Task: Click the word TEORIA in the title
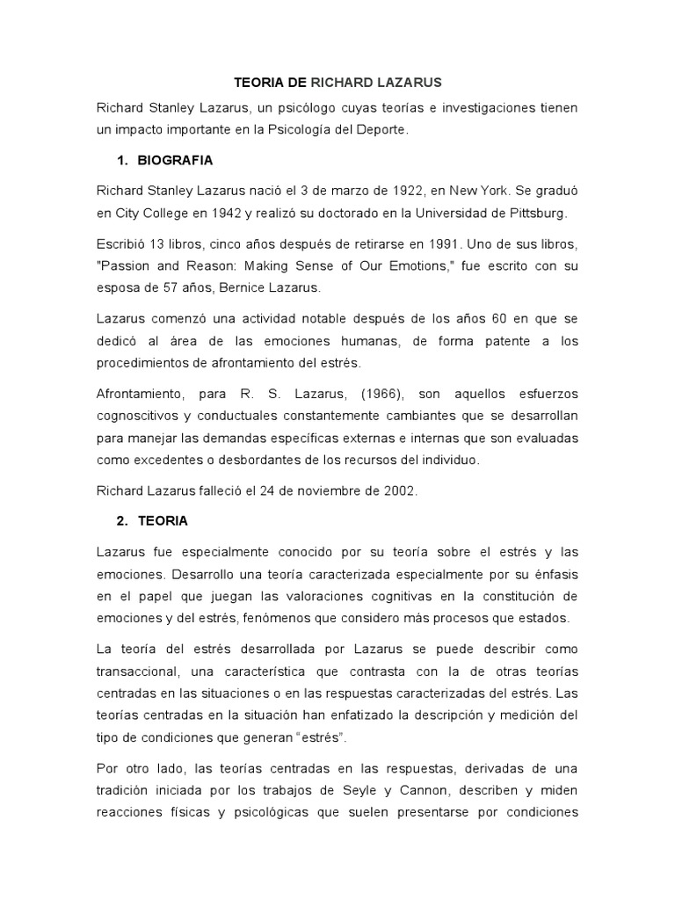pos(258,83)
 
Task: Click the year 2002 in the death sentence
pos(398,491)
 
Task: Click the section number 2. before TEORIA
pos(122,520)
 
